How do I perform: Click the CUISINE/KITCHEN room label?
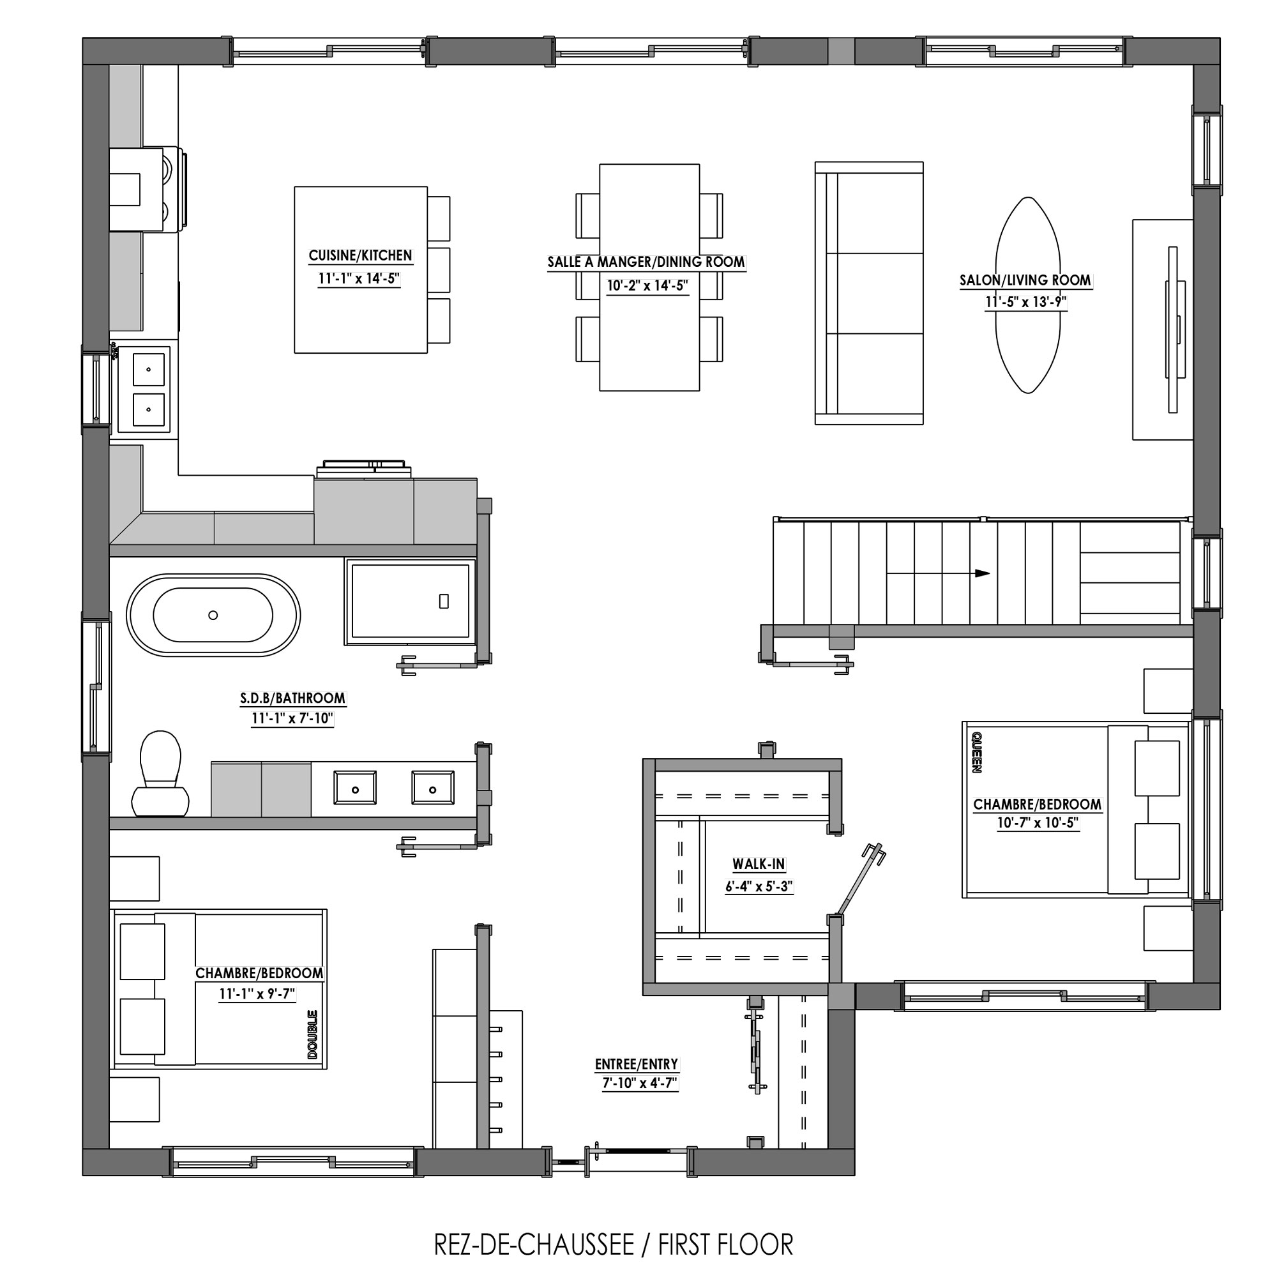click(x=360, y=256)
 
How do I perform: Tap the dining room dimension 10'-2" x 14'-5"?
click(x=647, y=285)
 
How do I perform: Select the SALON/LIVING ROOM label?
click(x=1025, y=280)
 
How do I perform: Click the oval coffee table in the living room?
click(x=1028, y=295)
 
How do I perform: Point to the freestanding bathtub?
click(x=213, y=615)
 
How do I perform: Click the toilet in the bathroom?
click(x=161, y=773)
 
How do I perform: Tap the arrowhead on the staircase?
click(x=982, y=573)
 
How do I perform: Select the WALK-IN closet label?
click(x=758, y=864)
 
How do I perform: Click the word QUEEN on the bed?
click(x=976, y=752)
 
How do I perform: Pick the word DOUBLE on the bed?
click(x=312, y=1034)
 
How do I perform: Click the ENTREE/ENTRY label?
click(x=637, y=1064)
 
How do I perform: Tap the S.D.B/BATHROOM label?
click(x=292, y=698)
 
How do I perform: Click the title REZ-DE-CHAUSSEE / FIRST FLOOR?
click(x=614, y=1244)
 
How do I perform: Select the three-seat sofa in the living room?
click(x=869, y=293)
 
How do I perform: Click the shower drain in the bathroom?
click(x=444, y=601)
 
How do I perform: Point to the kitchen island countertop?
click(x=361, y=269)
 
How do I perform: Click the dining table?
click(x=649, y=278)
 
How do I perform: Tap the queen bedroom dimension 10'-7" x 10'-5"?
click(x=1038, y=823)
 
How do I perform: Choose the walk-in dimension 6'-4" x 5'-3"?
click(x=759, y=886)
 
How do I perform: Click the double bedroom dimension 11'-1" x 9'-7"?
click(x=257, y=994)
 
